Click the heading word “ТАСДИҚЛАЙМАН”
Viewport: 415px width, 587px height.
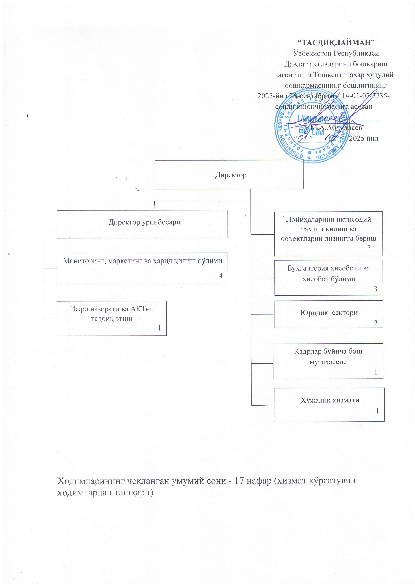pyautogui.click(x=336, y=42)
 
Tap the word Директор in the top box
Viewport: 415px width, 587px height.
pyautogui.click(x=231, y=175)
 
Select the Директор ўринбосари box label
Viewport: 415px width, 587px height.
pyautogui.click(x=144, y=222)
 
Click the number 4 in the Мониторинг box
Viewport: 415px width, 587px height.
pyautogui.click(x=220, y=275)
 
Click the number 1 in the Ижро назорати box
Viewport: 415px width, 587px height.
pyautogui.click(x=160, y=328)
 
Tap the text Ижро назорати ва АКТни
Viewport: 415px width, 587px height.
pyautogui.click(x=112, y=309)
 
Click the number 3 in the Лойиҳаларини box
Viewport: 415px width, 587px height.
pyautogui.click(x=369, y=248)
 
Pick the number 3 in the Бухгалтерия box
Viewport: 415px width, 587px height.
pyautogui.click(x=375, y=289)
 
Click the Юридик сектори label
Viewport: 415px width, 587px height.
pyautogui.click(x=329, y=313)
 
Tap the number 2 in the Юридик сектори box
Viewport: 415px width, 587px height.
pyautogui.click(x=375, y=323)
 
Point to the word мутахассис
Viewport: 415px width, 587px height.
pyautogui.click(x=328, y=362)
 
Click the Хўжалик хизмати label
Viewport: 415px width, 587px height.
pyautogui.click(x=330, y=400)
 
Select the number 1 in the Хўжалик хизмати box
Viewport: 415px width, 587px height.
pyautogui.click(x=377, y=410)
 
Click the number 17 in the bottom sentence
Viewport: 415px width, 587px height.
pyautogui.click(x=240, y=481)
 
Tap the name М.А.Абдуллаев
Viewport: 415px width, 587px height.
pyautogui.click(x=336, y=127)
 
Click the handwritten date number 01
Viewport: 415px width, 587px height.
pyautogui.click(x=303, y=138)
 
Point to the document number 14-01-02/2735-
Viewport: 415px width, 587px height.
pyautogui.click(x=366, y=96)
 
